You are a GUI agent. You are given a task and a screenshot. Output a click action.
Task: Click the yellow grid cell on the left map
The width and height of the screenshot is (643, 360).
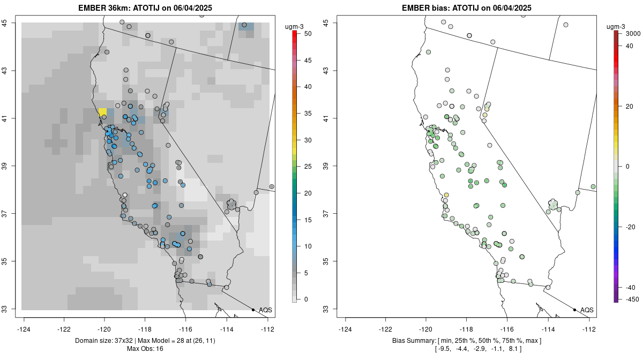click(x=102, y=112)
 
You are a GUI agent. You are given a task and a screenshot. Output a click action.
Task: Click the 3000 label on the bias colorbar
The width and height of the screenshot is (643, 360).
click(x=633, y=34)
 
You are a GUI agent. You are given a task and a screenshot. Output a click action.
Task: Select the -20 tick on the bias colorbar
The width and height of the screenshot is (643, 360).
click(x=630, y=227)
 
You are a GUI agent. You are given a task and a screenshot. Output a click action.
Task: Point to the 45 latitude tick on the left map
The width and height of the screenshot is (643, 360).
click(x=11, y=22)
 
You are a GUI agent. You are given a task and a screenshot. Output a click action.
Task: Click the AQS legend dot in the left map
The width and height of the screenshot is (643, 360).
click(x=253, y=310)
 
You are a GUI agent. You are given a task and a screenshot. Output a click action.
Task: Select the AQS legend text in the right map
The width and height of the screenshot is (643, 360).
click(x=587, y=310)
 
